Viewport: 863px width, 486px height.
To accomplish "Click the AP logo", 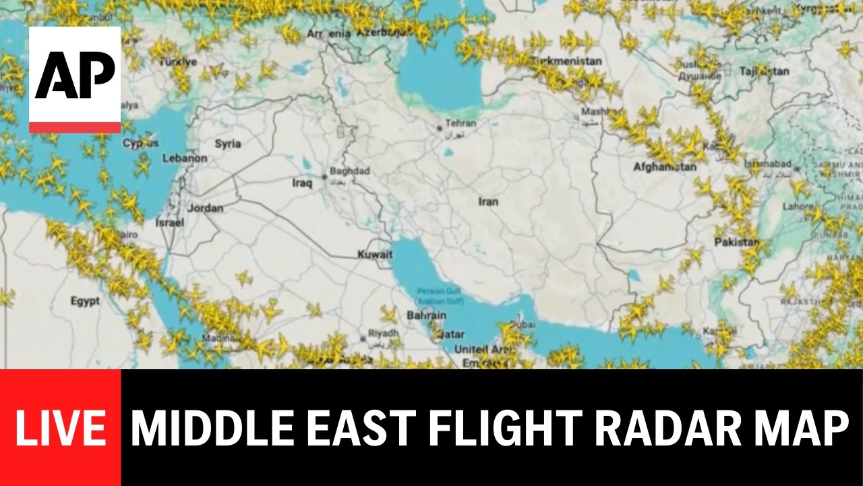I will click(x=75, y=79).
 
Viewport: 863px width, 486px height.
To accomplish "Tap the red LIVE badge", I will click(x=61, y=428).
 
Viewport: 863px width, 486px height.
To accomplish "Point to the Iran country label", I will click(x=488, y=202).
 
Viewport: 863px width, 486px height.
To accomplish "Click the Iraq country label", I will click(x=302, y=183).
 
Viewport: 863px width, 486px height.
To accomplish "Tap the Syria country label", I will click(x=227, y=144).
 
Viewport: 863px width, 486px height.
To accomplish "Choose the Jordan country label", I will click(x=205, y=208).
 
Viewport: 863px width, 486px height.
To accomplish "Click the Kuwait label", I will click(x=375, y=254).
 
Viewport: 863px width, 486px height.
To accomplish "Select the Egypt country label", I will click(x=85, y=301).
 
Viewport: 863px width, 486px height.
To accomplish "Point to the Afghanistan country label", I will click(x=665, y=167).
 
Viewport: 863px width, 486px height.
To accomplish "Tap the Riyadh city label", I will click(x=384, y=333).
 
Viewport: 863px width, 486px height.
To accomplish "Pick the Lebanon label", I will click(x=185, y=159).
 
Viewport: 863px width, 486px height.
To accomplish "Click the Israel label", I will click(x=169, y=222).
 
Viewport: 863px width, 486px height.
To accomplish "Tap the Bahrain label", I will click(x=426, y=315).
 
